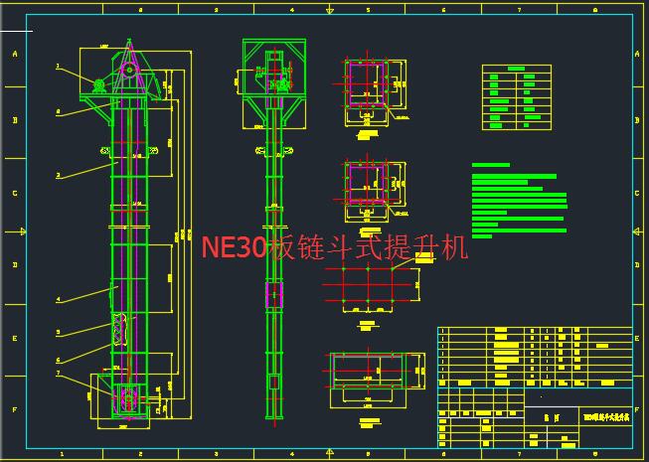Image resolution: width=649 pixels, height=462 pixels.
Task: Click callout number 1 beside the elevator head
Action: [x=58, y=67]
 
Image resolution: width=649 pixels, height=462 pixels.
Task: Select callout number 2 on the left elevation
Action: [x=58, y=175]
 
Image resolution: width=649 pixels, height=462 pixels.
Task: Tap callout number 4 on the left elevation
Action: [x=58, y=298]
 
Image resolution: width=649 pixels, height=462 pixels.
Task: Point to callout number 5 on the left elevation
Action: [x=58, y=332]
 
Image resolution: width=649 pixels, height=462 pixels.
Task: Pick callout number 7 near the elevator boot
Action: [x=58, y=374]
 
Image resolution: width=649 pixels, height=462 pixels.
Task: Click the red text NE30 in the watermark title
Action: [x=235, y=247]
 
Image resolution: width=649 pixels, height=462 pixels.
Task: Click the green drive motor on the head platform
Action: [x=99, y=85]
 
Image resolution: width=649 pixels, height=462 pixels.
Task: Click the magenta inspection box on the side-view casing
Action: [x=273, y=294]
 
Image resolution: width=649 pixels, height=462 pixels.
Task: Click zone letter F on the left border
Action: [x=14, y=408]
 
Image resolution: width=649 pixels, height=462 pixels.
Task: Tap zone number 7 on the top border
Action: [x=520, y=10]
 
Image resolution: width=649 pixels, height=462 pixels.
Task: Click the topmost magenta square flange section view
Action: [x=364, y=81]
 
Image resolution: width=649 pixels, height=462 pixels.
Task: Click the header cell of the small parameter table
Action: [x=516, y=69]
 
